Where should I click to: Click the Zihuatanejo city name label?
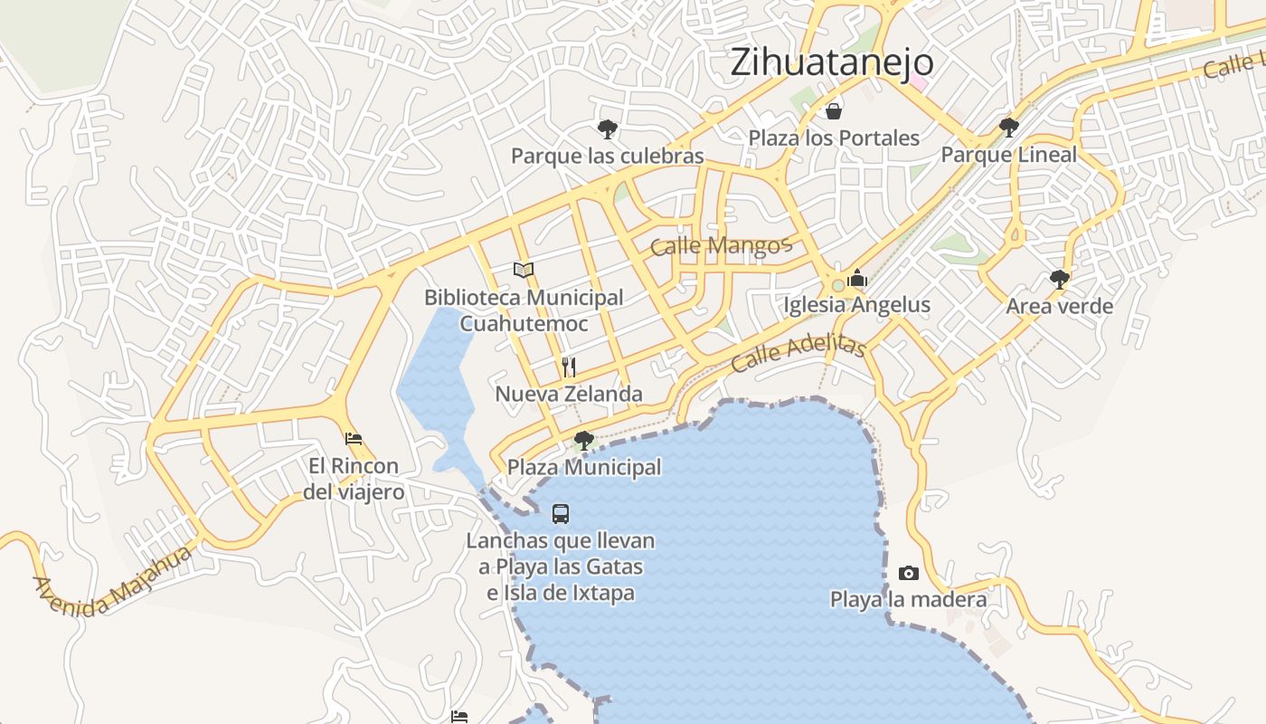[831, 62]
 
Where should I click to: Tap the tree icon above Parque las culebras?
[607, 129]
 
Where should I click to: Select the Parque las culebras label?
[607, 156]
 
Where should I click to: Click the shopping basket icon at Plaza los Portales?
[833, 111]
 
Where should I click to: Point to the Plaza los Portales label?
[833, 138]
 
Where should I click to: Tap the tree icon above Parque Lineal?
[1008, 128]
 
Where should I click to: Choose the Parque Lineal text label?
[1008, 155]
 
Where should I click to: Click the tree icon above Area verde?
[1060, 279]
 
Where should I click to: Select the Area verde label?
[1060, 306]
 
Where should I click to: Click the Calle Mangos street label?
[721, 245]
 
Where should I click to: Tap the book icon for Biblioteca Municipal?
[524, 270]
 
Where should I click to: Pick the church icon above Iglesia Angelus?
[856, 278]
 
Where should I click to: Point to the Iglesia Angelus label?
[856, 305]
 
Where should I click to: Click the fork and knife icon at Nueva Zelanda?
[569, 367]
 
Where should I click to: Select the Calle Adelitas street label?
[798, 353]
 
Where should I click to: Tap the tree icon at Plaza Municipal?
[584, 441]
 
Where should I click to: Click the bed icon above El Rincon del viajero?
[354, 439]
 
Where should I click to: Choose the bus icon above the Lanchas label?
[561, 514]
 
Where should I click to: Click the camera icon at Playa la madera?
[909, 573]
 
